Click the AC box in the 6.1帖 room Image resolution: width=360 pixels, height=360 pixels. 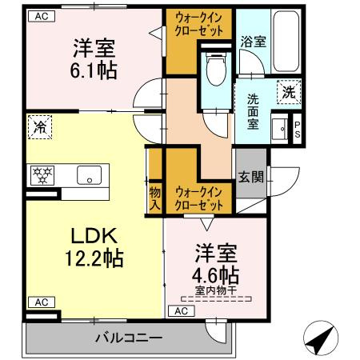pos(40,16)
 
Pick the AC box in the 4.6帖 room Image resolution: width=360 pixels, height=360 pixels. pos(182,310)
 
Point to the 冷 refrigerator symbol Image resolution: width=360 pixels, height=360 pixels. pos(39,126)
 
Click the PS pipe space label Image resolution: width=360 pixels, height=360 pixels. pos(297,129)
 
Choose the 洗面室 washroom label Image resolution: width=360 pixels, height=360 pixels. pos(252,111)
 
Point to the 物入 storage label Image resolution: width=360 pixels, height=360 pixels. pos(154,198)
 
